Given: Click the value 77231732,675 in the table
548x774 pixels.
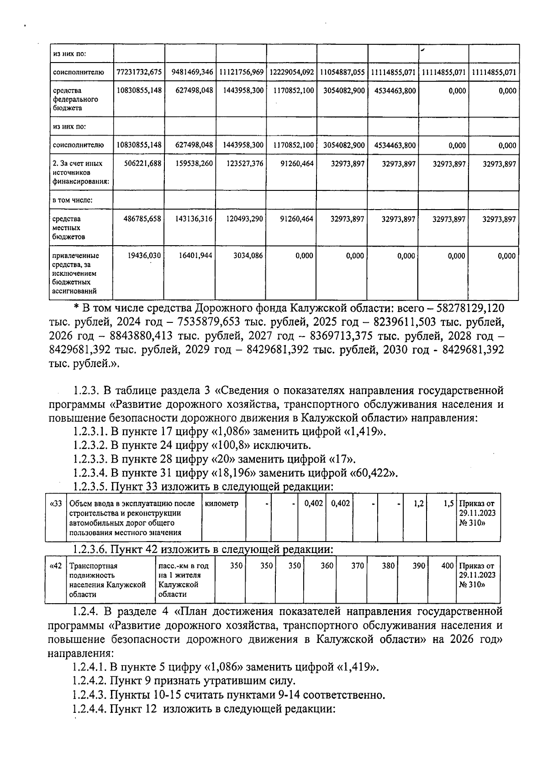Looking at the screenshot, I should pyautogui.click(x=139, y=72).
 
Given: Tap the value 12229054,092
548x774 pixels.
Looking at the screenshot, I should pyautogui.click(x=292, y=72).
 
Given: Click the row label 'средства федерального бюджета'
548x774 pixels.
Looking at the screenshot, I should pyautogui.click(x=69, y=99).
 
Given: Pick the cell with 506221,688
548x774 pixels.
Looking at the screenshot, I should pyautogui.click(x=142, y=163).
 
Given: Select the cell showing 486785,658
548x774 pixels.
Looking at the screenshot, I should pyautogui.click(x=142, y=219).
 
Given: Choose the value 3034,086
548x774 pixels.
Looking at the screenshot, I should pyautogui.click(x=248, y=256).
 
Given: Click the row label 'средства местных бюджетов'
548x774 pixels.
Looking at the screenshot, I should pyautogui.click(x=67, y=228).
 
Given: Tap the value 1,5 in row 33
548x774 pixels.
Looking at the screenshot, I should pyautogui.click(x=448, y=504).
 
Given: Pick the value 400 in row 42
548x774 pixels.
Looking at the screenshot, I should pyautogui.click(x=448, y=566).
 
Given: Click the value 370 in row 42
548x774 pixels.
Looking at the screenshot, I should pyautogui.click(x=358, y=566).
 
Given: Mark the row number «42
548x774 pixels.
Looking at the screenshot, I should pyautogui.click(x=56, y=566).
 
